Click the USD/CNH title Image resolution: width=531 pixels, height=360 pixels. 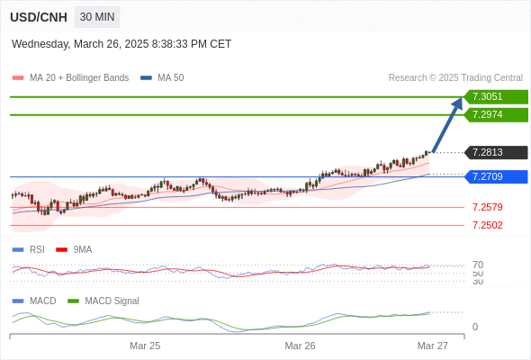tap(39, 17)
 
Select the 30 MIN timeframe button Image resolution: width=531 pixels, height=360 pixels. tap(97, 17)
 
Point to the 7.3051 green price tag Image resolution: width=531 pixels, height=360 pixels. tap(496, 97)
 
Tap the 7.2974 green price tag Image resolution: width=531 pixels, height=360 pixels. tap(496, 115)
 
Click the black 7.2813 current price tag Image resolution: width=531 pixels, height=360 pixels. tap(496, 152)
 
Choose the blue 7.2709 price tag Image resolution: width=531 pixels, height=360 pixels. tap(496, 176)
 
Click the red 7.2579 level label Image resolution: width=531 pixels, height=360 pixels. tap(487, 207)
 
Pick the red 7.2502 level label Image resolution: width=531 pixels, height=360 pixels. tap(487, 225)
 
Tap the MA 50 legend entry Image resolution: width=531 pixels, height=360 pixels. tap(162, 78)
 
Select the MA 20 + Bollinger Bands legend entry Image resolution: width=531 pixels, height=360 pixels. tap(70, 78)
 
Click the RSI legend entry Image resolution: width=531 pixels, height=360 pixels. tap(29, 249)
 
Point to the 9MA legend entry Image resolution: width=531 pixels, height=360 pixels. tap(74, 249)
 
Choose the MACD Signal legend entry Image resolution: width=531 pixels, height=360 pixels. tap(103, 301)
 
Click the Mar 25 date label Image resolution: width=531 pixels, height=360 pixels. tap(145, 346)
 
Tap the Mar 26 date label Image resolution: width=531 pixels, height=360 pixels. tap(300, 346)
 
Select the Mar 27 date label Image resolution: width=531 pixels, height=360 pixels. tap(433, 346)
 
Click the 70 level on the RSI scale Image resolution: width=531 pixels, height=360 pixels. tap(478, 265)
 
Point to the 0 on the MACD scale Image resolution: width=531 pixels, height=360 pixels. tap(475, 327)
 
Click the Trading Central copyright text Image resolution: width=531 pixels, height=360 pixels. tap(455, 78)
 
